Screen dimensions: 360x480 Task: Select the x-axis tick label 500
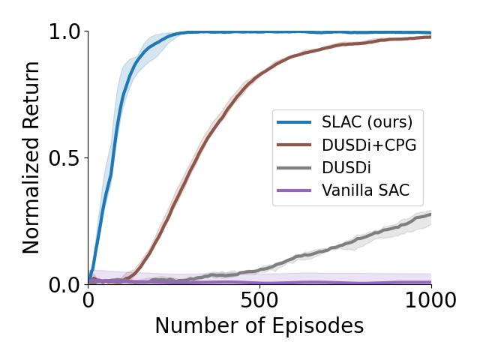click(259, 301)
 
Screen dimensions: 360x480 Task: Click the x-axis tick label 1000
click(430, 301)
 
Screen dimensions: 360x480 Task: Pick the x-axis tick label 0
click(88, 301)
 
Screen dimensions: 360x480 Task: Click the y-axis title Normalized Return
click(31, 158)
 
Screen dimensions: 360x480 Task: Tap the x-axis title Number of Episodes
click(259, 326)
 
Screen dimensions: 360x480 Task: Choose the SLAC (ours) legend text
click(367, 121)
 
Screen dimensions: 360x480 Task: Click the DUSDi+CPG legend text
click(368, 144)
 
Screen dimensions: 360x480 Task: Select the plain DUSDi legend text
click(346, 167)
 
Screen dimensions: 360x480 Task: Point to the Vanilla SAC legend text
click(365, 190)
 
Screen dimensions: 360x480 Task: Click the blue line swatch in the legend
click(295, 121)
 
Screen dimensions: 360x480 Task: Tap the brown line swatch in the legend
click(295, 145)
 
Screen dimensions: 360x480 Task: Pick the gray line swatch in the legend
click(295, 167)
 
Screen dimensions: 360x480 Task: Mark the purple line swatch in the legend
click(295, 190)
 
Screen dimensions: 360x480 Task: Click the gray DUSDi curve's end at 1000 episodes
click(430, 214)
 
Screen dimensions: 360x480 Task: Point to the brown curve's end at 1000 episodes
click(430, 37)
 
